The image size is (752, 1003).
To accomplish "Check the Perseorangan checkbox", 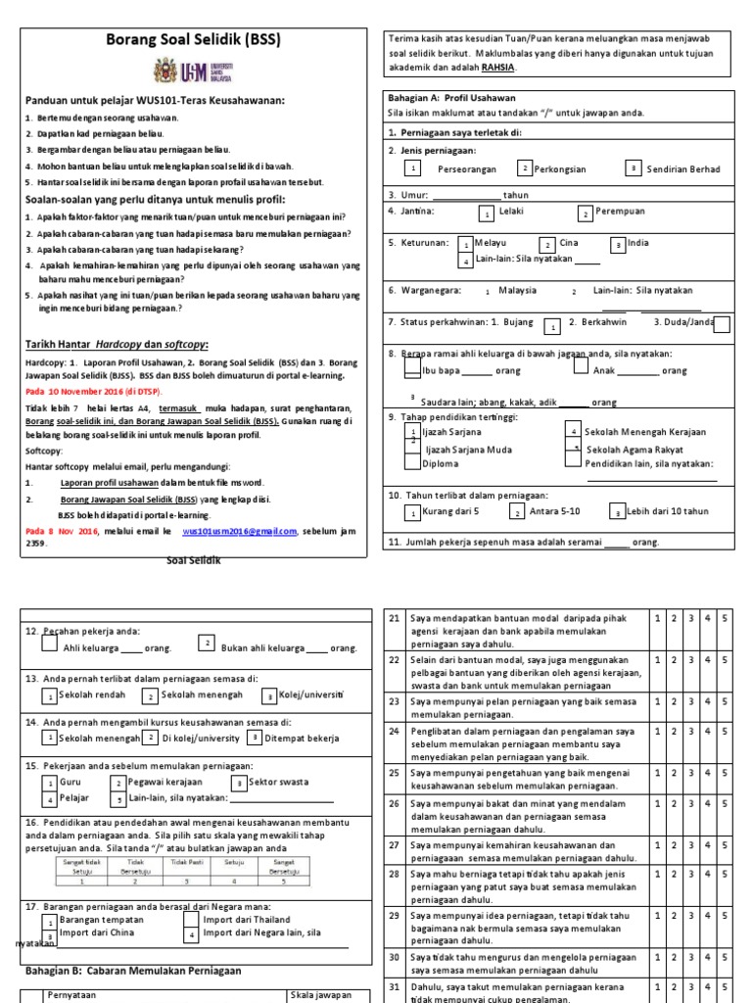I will coord(413,168).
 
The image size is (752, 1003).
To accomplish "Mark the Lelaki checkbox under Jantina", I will coord(487,213).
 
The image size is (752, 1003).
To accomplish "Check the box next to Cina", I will coord(548,244).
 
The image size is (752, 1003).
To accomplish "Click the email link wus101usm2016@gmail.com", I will coord(239,531).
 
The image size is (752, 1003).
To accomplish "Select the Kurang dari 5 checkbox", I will coord(415,512).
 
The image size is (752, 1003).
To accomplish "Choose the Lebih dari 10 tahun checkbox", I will coord(617,512).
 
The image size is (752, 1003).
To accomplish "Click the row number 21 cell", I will coord(395,618).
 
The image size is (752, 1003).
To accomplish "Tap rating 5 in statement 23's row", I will coord(724,701).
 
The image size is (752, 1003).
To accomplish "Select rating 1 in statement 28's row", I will coord(659,872).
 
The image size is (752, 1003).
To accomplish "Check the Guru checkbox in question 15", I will coord(49,783).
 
